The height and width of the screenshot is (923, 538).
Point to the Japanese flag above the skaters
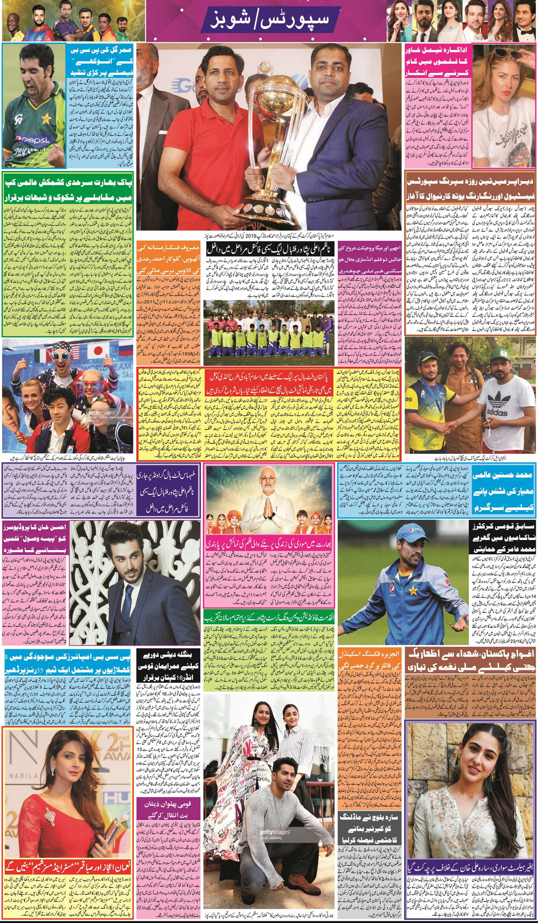[99, 351]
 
